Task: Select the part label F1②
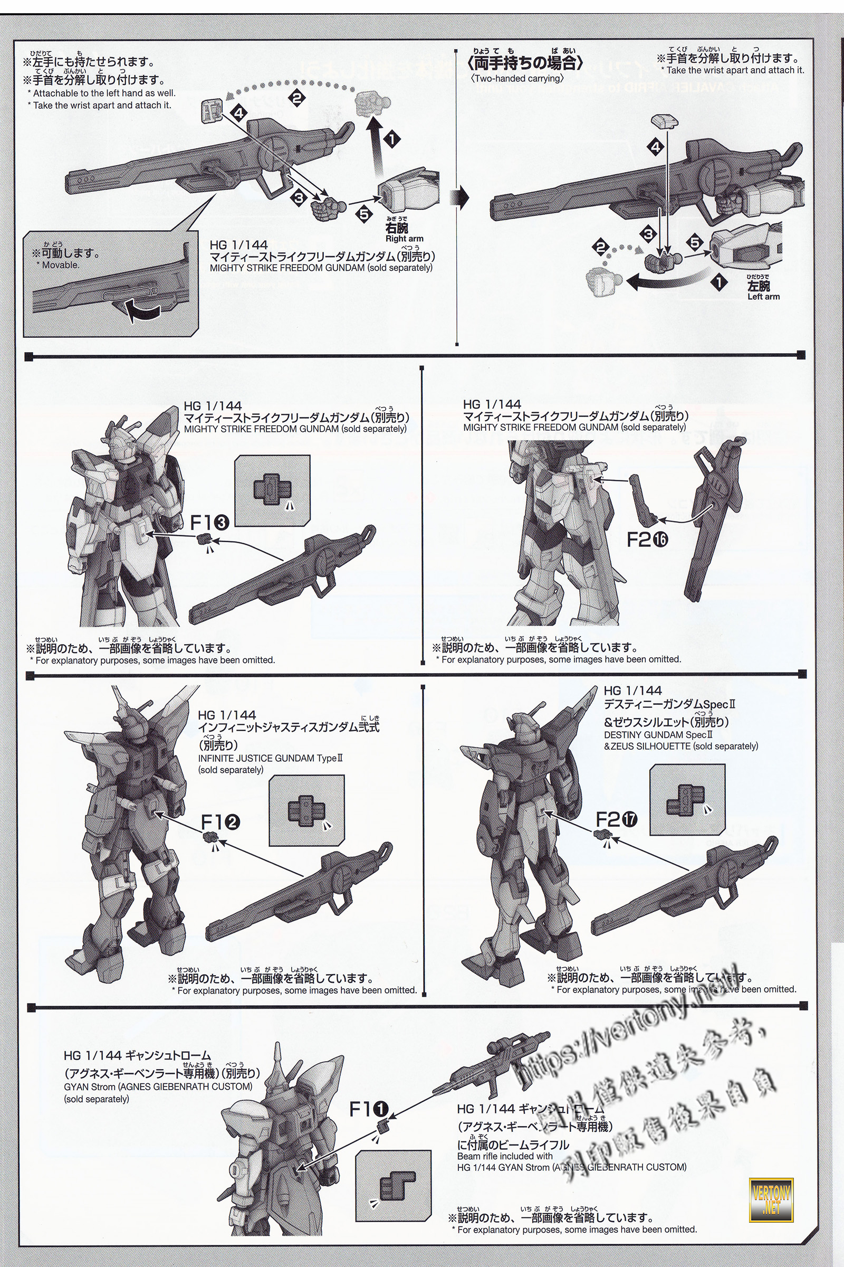pyautogui.click(x=220, y=822)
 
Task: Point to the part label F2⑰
pyautogui.click(x=616, y=820)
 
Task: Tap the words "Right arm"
pyautogui.click(x=404, y=239)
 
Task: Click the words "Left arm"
pyautogui.click(x=763, y=296)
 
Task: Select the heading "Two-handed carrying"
pyautogui.click(x=517, y=78)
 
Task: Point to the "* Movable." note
pyautogui.click(x=60, y=265)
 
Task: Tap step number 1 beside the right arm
pyautogui.click(x=392, y=139)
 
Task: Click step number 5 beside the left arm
pyautogui.click(x=695, y=243)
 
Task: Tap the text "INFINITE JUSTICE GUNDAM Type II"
pyautogui.click(x=270, y=758)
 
